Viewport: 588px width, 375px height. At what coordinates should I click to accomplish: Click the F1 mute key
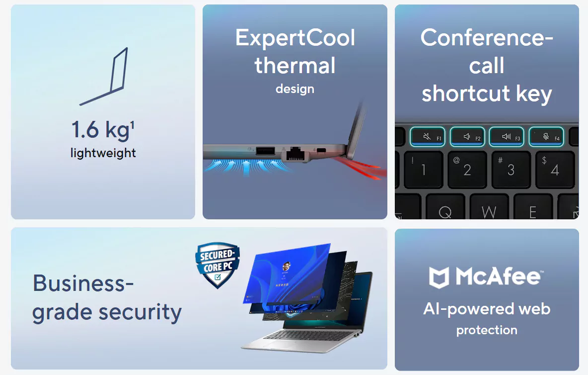point(428,137)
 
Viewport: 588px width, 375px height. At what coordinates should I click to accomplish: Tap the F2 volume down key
point(468,137)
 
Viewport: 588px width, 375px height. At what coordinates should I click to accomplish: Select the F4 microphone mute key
point(546,137)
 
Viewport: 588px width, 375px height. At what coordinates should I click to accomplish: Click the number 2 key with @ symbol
point(467,169)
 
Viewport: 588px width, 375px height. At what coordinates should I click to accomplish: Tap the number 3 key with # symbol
point(511,169)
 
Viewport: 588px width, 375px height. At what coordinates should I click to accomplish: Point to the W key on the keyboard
point(489,207)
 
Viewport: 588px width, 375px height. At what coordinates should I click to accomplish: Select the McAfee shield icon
point(439,278)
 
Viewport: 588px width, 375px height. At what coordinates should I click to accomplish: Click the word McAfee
point(499,277)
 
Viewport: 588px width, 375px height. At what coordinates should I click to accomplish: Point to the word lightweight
point(103,153)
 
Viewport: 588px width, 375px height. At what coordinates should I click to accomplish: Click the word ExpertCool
point(295,38)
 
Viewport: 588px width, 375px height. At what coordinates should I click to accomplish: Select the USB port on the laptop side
point(265,151)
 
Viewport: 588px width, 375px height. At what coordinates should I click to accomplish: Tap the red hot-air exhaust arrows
point(362,168)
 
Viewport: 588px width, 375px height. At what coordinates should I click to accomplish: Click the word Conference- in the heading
point(487,37)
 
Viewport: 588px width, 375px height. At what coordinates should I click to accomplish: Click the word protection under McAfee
point(487,330)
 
